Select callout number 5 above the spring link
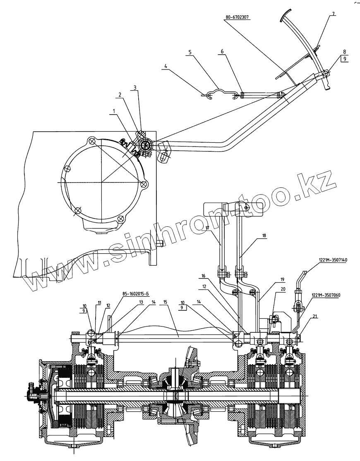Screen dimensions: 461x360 190,53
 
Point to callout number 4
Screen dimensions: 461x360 166,66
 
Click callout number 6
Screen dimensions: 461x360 222,51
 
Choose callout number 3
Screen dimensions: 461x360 134,88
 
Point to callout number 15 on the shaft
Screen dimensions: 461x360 166,303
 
